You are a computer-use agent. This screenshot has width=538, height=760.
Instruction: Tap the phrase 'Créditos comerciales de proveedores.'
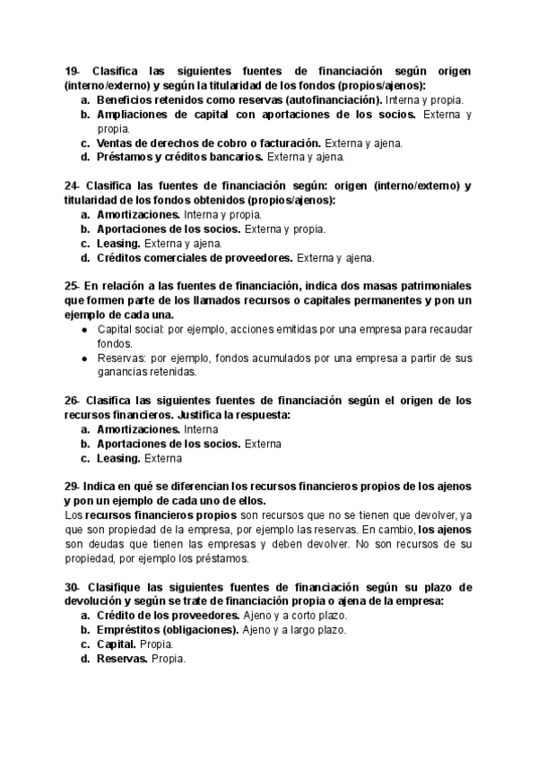coord(195,257)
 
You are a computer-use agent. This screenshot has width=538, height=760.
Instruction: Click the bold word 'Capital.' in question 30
coord(117,644)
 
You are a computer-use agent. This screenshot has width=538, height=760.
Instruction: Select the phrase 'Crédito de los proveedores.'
coord(168,616)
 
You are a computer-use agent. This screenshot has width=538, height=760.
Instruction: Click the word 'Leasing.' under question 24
coord(118,243)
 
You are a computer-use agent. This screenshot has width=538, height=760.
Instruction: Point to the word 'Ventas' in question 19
coord(117,142)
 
